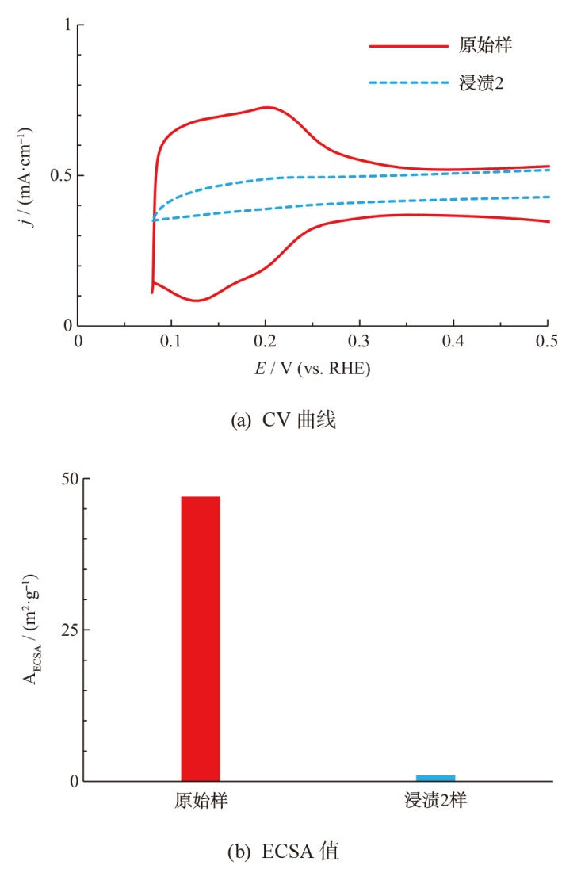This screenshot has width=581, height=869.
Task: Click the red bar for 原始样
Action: pos(201,638)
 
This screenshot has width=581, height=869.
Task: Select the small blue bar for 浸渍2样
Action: pos(435,778)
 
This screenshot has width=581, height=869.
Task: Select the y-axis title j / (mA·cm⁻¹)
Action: pos(29,175)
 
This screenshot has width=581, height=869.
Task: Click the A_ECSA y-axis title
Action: pos(29,630)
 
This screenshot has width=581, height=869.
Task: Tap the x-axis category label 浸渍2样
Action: pos(434,801)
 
